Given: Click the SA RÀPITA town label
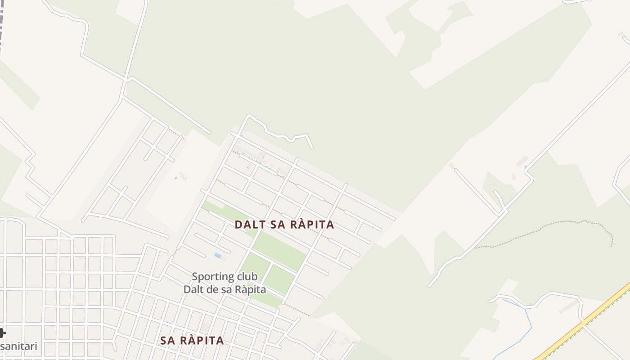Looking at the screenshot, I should pos(192,341).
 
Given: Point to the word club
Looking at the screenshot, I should pos(245,276).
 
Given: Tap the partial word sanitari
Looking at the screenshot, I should pos(18,346).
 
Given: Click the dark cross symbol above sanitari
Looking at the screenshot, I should pos(2,333).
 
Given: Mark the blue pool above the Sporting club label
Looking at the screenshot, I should pos(218,256).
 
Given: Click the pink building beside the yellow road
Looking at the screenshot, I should pos(568,307).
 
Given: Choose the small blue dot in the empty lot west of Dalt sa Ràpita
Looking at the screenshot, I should pos(176,178).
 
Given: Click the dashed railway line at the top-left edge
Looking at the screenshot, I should pos(2,27).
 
